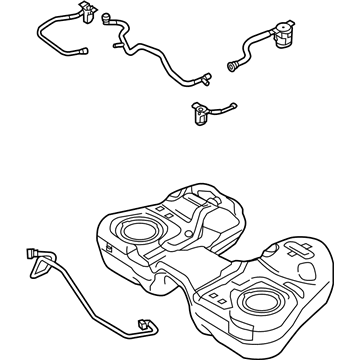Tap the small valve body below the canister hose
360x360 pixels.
pos(199,113)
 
